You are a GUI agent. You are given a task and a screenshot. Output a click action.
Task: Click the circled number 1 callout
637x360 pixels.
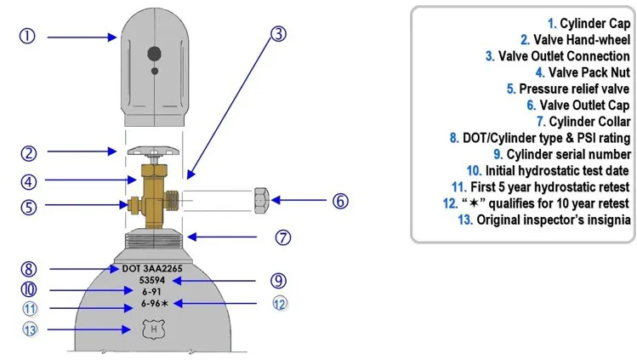pos(28,37)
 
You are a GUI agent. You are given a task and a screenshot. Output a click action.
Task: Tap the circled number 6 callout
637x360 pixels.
pos(339,202)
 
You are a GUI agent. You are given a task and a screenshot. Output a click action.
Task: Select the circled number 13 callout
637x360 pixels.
pos(31,329)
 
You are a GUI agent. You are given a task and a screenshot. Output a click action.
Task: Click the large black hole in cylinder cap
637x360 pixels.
pos(154,54)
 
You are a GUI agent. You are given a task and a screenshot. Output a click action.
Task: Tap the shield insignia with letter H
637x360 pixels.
pos(153,327)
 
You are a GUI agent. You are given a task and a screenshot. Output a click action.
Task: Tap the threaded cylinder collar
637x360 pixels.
pos(154,241)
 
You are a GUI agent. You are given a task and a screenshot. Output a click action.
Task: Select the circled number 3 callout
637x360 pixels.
pos(277,34)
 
